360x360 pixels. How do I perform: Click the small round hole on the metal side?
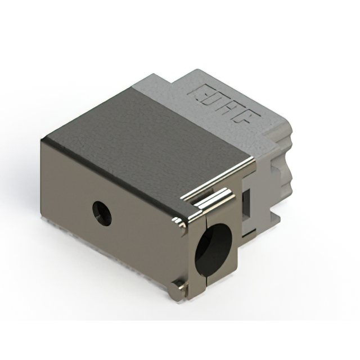(x=102, y=213)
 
